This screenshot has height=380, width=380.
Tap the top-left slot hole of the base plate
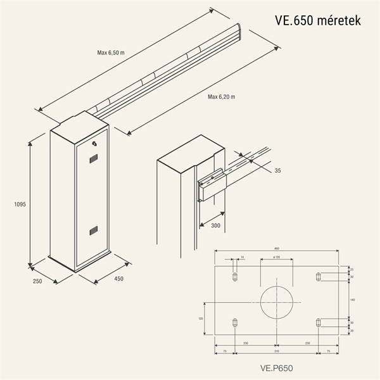coord(235,277)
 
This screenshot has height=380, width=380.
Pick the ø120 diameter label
coord(276,258)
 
